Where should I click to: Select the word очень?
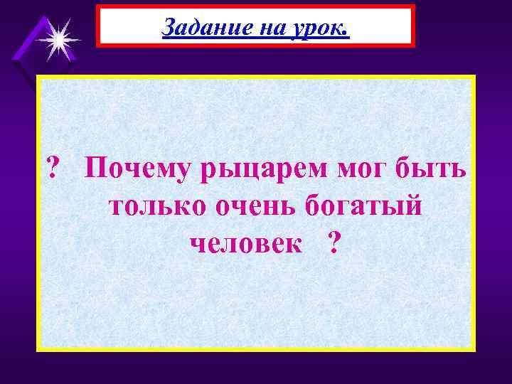tap(255, 207)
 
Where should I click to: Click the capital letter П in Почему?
tap(96, 171)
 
